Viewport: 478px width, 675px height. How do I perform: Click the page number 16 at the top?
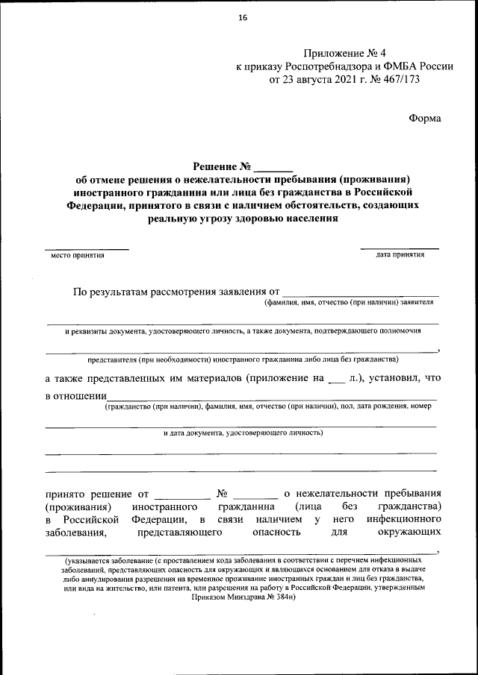tap(243, 18)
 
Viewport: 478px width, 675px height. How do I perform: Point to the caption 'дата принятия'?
tap(400, 255)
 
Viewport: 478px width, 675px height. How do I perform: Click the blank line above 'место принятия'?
tap(86, 248)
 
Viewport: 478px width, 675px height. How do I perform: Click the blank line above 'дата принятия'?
tap(400, 248)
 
